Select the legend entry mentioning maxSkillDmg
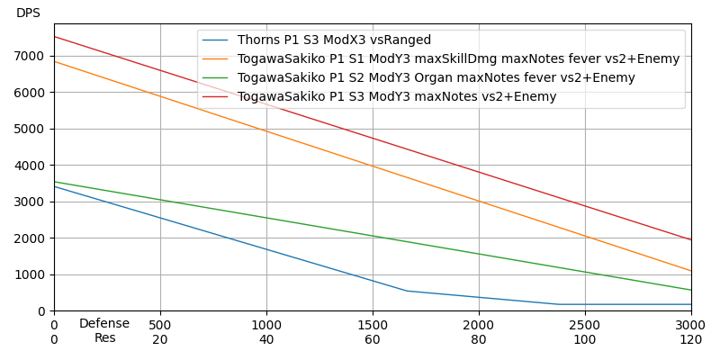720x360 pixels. (x=458, y=59)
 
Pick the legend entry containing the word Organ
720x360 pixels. (x=436, y=78)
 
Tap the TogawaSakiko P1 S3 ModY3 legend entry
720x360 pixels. (x=397, y=97)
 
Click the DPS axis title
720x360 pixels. (x=28, y=13)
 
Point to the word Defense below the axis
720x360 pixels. (x=104, y=324)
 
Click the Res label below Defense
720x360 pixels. (x=104, y=338)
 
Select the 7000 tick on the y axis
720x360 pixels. (x=31, y=56)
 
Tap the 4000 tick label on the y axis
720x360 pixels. (x=31, y=166)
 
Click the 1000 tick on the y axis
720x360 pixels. (x=31, y=274)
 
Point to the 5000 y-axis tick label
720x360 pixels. (x=31, y=129)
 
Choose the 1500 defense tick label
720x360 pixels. (x=373, y=325)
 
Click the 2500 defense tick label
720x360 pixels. (x=585, y=325)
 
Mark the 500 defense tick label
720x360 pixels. (x=160, y=325)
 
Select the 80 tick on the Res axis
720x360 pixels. (x=479, y=340)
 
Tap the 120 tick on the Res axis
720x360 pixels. (x=691, y=340)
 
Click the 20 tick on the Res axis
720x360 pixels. (x=160, y=340)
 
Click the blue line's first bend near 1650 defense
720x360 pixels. (x=407, y=291)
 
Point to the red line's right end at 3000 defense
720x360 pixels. (x=691, y=240)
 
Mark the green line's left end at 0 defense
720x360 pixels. (x=54, y=182)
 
